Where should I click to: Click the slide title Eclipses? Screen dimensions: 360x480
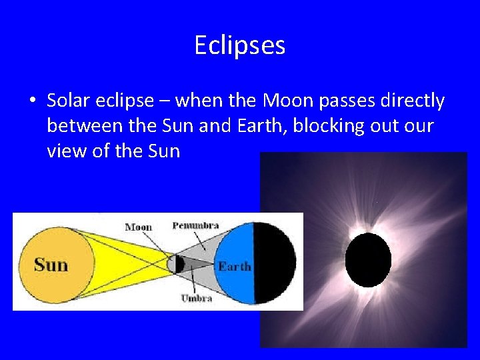click(239, 45)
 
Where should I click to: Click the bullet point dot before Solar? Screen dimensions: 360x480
click(32, 101)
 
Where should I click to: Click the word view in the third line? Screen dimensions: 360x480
click(64, 151)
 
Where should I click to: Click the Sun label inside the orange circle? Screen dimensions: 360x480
click(51, 265)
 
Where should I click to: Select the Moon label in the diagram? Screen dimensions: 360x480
click(139, 227)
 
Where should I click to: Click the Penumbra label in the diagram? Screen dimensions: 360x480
click(195, 226)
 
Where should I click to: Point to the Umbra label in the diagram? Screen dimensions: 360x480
click(196, 298)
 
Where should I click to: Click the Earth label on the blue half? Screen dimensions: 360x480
click(234, 267)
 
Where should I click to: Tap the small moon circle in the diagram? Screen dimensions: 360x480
click(175, 264)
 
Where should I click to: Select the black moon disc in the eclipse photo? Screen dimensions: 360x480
click(368, 260)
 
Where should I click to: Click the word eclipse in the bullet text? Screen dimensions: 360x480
click(125, 101)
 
